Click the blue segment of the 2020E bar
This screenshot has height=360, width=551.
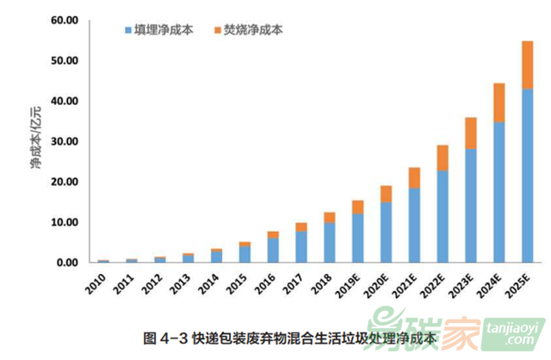(385, 232)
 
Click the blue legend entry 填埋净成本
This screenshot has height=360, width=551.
(160, 30)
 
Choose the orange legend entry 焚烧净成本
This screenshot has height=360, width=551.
(248, 30)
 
